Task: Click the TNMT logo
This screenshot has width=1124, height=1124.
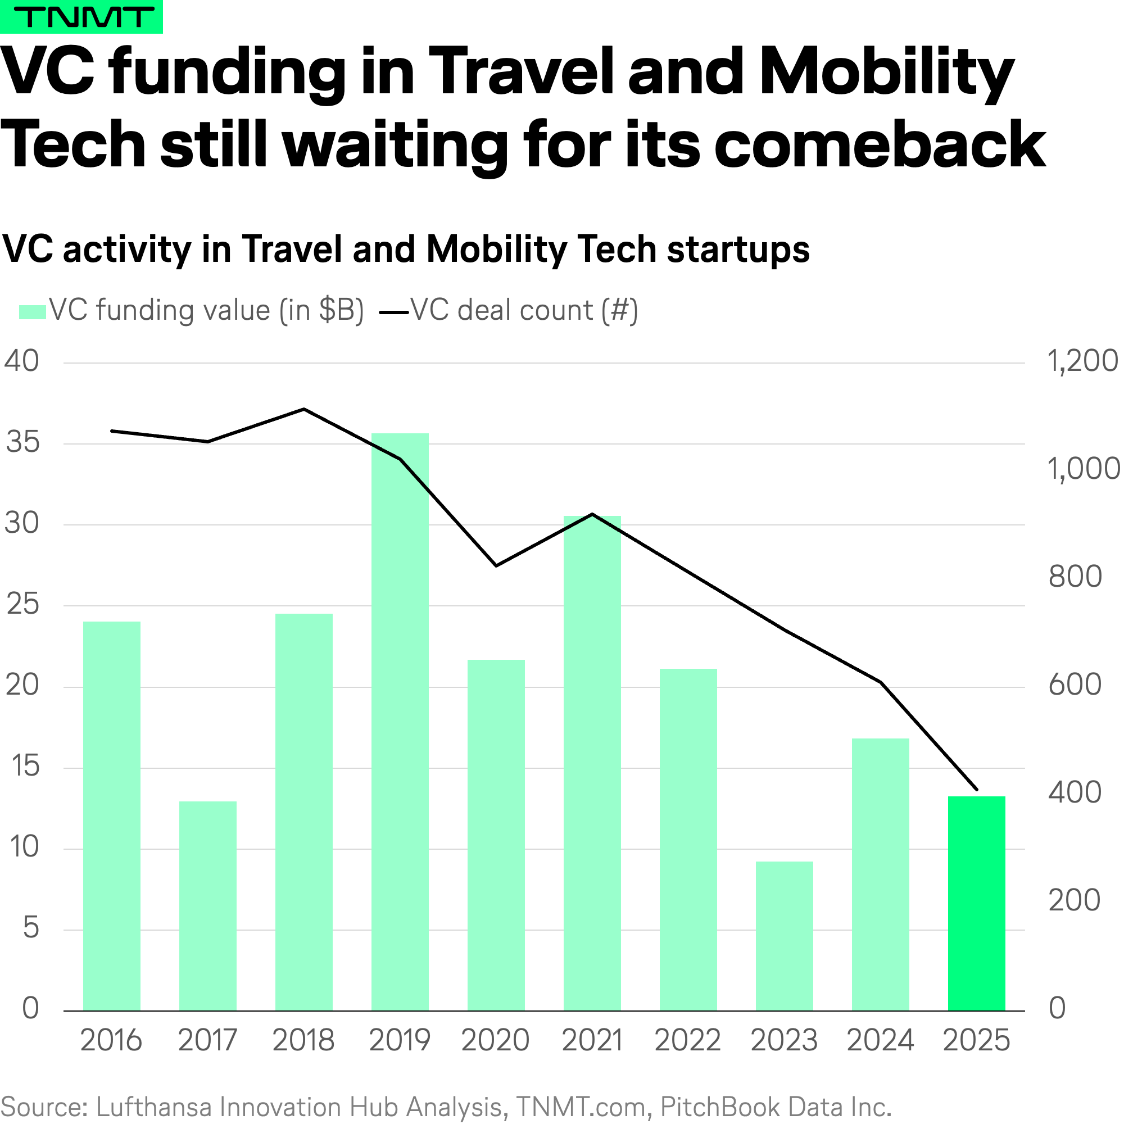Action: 81,17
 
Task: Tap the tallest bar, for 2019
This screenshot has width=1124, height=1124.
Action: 400,722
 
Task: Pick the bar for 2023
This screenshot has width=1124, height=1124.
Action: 784,936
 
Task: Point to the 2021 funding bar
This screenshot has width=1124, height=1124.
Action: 592,763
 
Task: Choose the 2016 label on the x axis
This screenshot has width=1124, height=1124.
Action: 111,1040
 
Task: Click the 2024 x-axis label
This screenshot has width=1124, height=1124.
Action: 880,1040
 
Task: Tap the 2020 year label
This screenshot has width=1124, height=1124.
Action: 496,1040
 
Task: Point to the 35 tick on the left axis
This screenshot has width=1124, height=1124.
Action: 22,443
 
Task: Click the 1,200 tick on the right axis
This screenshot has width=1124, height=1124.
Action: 1082,361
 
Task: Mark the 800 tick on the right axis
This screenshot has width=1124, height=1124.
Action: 1075,577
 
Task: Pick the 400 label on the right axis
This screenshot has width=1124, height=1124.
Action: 1075,792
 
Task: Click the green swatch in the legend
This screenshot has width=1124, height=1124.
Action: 32,312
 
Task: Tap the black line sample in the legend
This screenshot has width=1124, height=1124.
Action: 394,312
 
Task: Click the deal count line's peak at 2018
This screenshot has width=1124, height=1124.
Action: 303,409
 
